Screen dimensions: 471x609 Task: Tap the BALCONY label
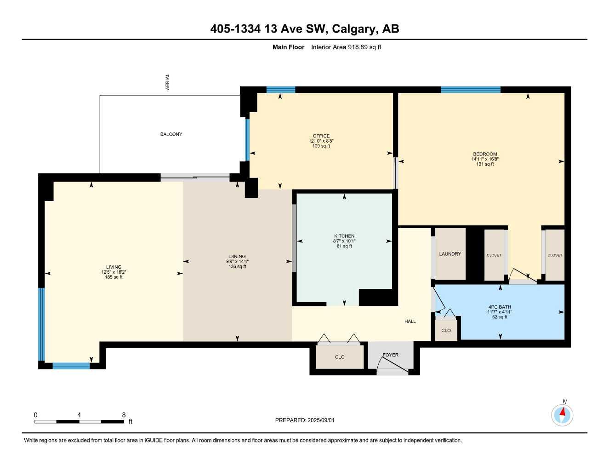(171, 134)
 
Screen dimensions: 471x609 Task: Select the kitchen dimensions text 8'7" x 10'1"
(344, 241)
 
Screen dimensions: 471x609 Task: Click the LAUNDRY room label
(450, 254)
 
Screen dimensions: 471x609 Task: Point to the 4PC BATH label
(500, 307)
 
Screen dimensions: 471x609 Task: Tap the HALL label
(410, 321)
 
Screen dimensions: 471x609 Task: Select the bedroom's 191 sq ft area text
(485, 164)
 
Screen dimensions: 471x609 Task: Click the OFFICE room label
(321, 136)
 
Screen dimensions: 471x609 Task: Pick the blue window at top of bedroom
(470, 90)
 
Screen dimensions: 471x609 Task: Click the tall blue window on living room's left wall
(41, 324)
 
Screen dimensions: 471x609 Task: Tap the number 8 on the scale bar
(124, 415)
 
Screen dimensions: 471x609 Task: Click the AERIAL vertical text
(168, 82)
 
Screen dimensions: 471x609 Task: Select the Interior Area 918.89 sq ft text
(346, 47)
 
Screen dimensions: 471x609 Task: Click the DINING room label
(238, 256)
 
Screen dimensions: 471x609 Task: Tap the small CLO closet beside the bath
(446, 330)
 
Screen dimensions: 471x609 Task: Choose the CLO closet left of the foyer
(340, 357)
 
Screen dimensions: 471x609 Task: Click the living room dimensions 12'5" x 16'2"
(114, 272)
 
